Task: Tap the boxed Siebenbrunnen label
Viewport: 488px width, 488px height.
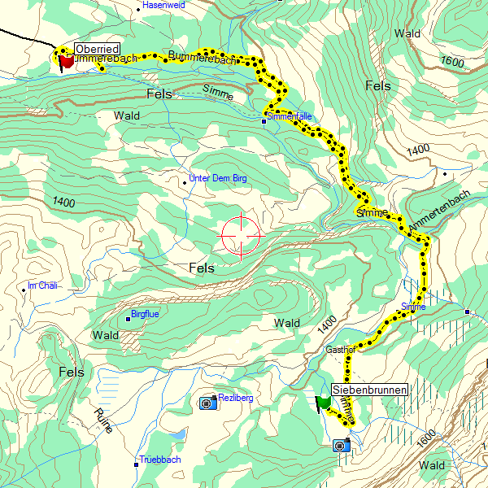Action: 369,390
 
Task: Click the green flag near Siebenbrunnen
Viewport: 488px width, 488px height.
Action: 324,402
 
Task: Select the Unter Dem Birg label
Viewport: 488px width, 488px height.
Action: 217,178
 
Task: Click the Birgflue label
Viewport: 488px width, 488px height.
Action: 146,314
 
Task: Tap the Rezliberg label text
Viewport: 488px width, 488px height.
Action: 237,398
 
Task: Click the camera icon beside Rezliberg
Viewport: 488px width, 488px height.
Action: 207,403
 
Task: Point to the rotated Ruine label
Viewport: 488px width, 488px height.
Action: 102,420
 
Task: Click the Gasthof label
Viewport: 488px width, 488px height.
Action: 341,349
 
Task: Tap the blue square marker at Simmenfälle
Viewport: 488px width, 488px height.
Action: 264,121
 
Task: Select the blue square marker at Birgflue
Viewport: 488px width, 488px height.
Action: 128,318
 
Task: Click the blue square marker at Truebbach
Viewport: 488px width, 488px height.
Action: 136,464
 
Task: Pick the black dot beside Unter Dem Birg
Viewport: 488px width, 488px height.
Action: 185,182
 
